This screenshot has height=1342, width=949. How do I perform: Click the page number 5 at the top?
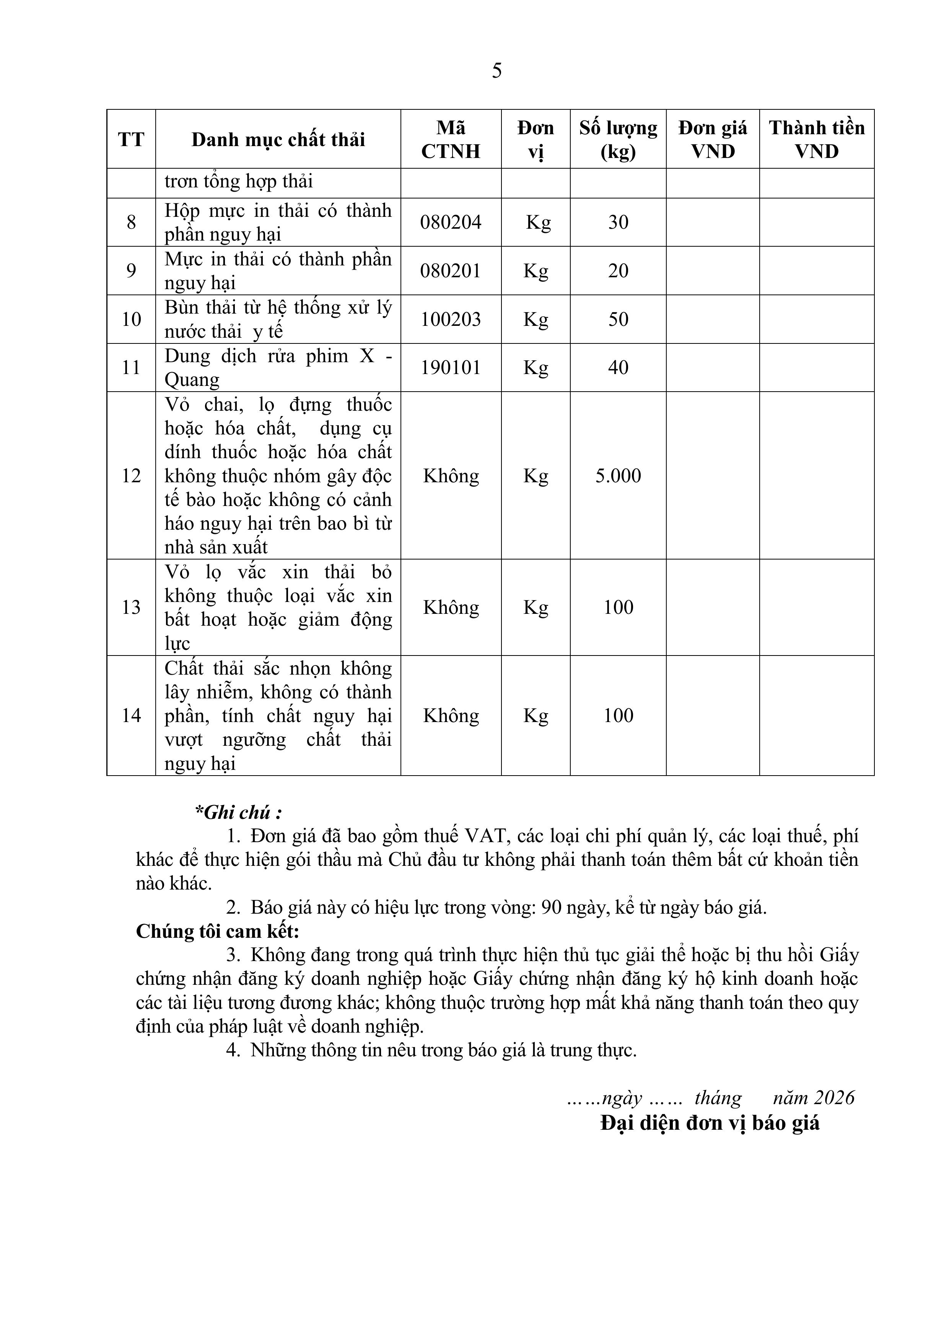click(x=496, y=71)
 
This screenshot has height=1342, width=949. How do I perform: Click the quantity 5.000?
click(x=618, y=476)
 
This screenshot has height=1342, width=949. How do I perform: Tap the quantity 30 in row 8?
click(x=618, y=222)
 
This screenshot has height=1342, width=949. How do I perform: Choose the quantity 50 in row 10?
click(x=618, y=319)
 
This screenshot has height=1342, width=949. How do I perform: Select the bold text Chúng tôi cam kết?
click(x=218, y=931)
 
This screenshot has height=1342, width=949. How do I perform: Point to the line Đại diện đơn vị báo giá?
click(x=710, y=1123)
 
